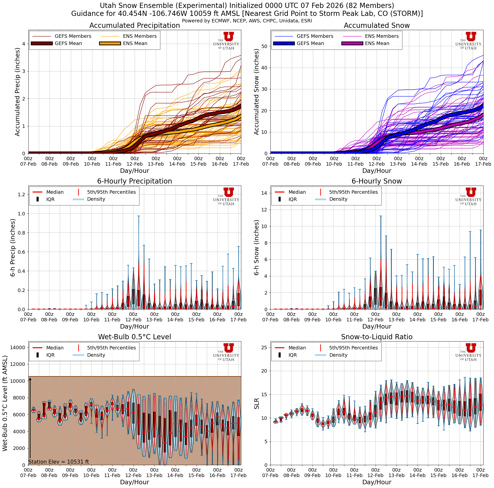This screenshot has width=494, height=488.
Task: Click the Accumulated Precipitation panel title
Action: coord(134,26)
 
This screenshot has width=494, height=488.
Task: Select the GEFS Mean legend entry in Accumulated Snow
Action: coord(310,44)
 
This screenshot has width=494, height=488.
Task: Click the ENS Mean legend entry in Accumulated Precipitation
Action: coord(135,44)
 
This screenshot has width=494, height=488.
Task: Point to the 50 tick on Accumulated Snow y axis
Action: coord(264,47)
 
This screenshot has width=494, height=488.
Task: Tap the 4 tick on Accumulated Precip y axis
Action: coord(23,44)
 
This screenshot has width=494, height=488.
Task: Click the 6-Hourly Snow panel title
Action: coord(376,181)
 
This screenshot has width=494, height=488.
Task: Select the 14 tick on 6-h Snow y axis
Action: coord(264,193)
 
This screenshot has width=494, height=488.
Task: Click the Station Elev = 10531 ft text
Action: coord(59,462)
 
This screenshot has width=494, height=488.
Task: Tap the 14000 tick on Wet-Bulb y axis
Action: coord(17,347)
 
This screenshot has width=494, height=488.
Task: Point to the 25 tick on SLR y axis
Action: coord(264,347)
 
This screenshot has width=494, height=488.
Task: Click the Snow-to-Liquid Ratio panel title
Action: coord(376,337)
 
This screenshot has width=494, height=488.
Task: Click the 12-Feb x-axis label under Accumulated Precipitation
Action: coord(134,164)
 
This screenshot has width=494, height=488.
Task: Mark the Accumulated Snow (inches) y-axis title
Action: coord(256,92)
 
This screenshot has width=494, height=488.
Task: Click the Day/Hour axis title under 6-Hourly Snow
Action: coord(376,326)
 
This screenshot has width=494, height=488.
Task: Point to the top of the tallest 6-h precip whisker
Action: coord(139,216)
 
